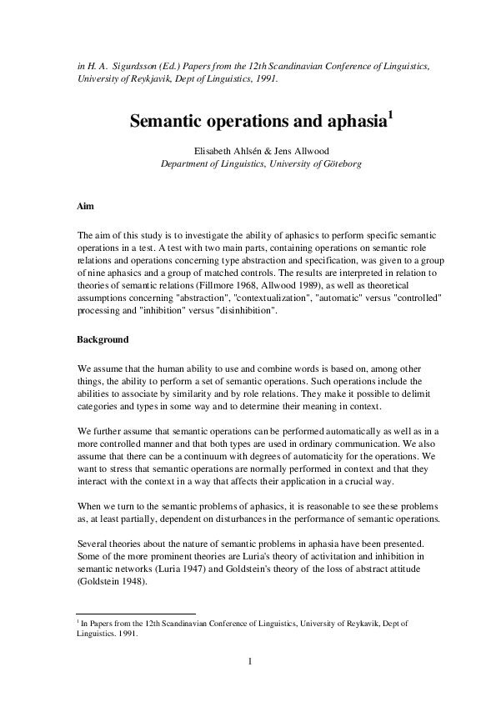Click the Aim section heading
(85, 204)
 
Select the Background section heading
(103, 340)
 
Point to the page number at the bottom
(248, 663)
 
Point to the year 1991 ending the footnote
(127, 631)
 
